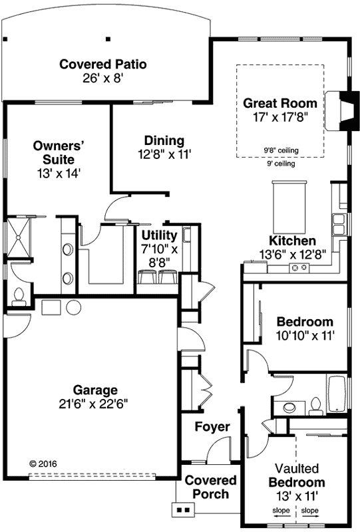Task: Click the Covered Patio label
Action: (102, 65)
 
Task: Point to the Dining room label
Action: (164, 140)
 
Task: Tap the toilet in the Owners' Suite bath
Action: (18, 295)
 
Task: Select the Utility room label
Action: (159, 235)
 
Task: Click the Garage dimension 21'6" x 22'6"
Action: (96, 403)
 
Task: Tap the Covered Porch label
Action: (210, 487)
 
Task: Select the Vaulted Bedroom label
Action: (297, 475)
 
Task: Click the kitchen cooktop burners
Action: (299, 267)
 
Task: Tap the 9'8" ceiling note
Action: (279, 150)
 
